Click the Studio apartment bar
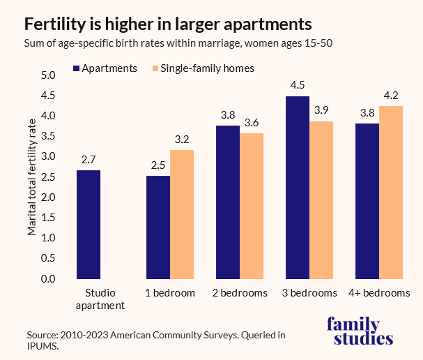pyautogui.click(x=89, y=225)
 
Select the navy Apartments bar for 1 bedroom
pyautogui.click(x=158, y=227)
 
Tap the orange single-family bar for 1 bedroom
pyautogui.click(x=182, y=214)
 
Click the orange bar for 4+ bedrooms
pyautogui.click(x=391, y=193)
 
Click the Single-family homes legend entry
pyautogui.click(x=201, y=68)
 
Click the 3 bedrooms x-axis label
pyautogui.click(x=309, y=293)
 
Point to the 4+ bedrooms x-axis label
pyautogui.click(x=379, y=293)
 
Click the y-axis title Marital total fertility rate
pyautogui.click(x=32, y=177)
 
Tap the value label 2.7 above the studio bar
pyautogui.click(x=89, y=160)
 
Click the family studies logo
pyautogui.click(x=360, y=331)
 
